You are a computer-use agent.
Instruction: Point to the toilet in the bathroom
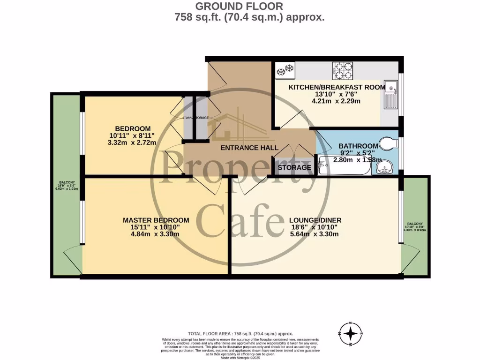pyautogui.click(x=386, y=143)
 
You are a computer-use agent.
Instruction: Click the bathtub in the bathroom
pyautogui.click(x=344, y=166)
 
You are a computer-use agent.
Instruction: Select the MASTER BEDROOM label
pyautogui.click(x=156, y=220)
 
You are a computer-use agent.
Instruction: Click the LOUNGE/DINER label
pyautogui.click(x=315, y=220)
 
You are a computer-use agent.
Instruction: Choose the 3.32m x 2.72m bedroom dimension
pyautogui.click(x=133, y=143)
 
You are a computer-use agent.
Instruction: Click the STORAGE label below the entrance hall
pyautogui.click(x=294, y=167)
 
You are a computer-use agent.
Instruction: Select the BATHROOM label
pyautogui.click(x=358, y=146)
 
